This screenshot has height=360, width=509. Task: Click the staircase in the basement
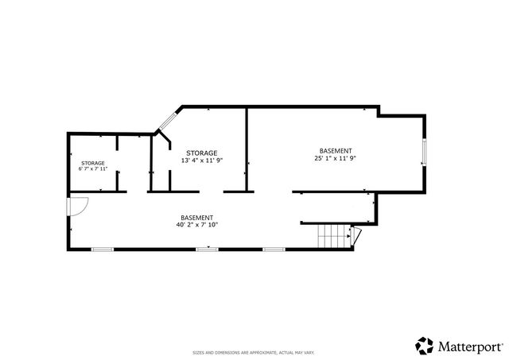tap(334, 237)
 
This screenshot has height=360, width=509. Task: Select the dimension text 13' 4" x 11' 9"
tap(201, 160)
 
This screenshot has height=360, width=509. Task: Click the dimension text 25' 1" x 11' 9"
tap(335, 158)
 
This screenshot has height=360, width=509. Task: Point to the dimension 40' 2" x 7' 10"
tap(196, 225)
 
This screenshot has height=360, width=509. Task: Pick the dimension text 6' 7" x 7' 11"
tap(92, 169)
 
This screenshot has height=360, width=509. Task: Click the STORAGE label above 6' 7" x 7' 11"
tap(92, 163)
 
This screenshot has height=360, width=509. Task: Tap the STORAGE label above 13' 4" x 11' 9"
tap(201, 153)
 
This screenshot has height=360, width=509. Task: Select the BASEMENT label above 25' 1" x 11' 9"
tap(335, 151)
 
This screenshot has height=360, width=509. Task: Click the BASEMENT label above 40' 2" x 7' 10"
tap(196, 218)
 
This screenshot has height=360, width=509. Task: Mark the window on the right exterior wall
tap(424, 151)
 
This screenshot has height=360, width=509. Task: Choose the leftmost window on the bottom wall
tap(102, 250)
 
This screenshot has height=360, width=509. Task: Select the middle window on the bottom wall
tap(207, 250)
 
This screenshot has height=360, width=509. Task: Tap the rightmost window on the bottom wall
tap(274, 250)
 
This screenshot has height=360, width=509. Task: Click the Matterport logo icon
tap(425, 345)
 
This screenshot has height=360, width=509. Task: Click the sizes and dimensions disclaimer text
tap(254, 352)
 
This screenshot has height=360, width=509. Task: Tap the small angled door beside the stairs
tap(357, 235)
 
